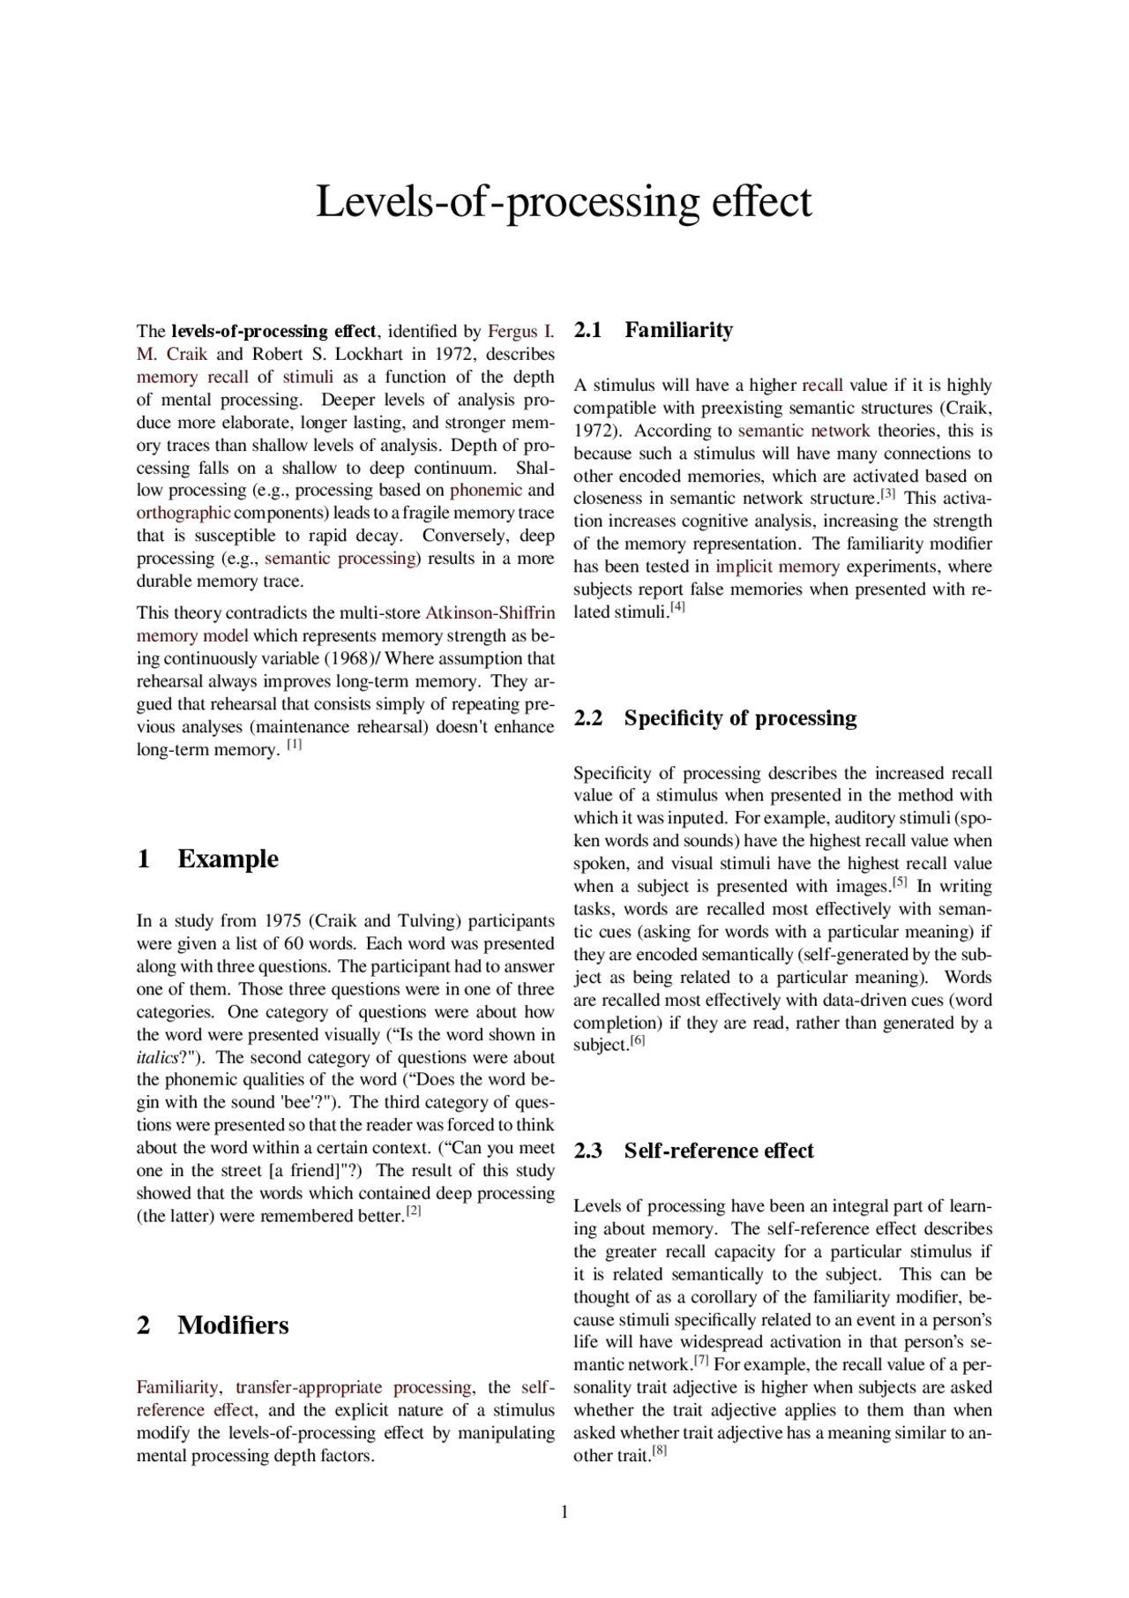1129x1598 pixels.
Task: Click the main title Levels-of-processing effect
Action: (564, 201)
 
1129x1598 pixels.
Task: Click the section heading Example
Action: (228, 859)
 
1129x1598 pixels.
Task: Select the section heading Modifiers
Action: (233, 1325)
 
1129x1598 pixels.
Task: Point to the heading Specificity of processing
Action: (739, 718)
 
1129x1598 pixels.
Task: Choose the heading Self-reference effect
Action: (718, 1151)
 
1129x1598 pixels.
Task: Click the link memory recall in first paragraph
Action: (192, 377)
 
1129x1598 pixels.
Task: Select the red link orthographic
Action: (183, 513)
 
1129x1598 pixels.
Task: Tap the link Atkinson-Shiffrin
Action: (490, 613)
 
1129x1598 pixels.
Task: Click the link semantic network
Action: (804, 431)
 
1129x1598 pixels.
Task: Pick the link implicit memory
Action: (777, 566)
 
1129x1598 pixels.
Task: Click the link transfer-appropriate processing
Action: (353, 1387)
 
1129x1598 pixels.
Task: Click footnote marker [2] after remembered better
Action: (414, 1212)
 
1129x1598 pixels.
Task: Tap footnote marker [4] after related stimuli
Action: (677, 607)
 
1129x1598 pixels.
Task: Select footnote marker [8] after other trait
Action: (659, 1451)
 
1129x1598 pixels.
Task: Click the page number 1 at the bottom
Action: (564, 1512)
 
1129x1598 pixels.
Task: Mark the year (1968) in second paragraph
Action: (351, 659)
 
